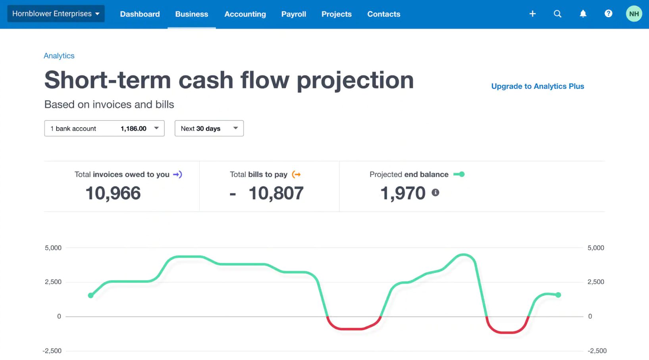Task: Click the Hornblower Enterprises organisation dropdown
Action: click(56, 14)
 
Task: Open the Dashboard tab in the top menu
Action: click(140, 14)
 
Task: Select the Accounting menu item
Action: click(245, 14)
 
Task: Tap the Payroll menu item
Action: click(293, 14)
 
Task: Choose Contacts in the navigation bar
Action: click(383, 14)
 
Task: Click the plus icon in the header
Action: click(532, 14)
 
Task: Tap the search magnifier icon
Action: click(557, 14)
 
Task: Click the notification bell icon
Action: click(583, 14)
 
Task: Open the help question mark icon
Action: click(608, 14)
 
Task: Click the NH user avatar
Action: click(634, 14)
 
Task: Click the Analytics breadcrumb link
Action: click(59, 56)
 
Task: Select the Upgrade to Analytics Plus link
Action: click(537, 87)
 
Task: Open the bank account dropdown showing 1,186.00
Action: click(104, 129)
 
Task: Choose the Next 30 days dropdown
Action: click(209, 129)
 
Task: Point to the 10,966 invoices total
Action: click(113, 193)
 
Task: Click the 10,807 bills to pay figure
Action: click(276, 193)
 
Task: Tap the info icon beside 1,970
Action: click(435, 193)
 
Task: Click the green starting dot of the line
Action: click(91, 295)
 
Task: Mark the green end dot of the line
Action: click(558, 295)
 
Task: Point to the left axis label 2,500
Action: click(53, 282)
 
